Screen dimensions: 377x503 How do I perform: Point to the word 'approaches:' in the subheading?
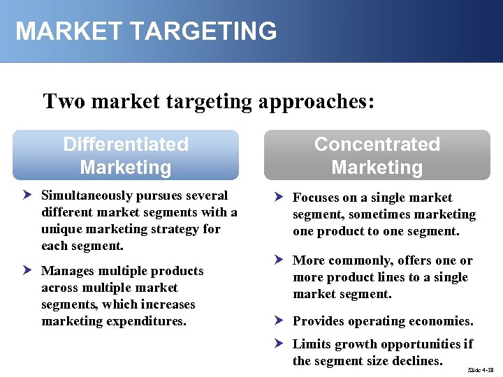(x=317, y=102)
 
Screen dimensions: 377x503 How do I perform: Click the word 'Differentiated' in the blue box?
(x=126, y=145)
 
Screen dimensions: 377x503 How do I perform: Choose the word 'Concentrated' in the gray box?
(x=377, y=145)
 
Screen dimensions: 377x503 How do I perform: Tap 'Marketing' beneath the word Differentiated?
(x=126, y=168)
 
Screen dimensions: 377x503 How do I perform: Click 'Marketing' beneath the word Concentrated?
(x=377, y=168)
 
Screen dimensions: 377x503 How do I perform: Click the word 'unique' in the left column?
(x=62, y=230)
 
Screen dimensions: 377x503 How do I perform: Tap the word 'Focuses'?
(x=316, y=198)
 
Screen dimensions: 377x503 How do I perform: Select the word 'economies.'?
(x=441, y=322)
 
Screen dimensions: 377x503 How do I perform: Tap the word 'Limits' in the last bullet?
(x=311, y=344)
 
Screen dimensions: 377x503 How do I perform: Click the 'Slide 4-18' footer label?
(x=481, y=369)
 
